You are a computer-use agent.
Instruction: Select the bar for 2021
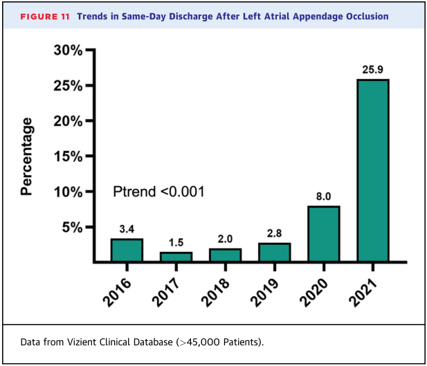[x=373, y=170]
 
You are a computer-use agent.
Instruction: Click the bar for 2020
[x=323, y=234]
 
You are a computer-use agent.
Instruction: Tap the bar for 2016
[x=127, y=250]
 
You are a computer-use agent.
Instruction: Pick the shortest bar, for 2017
[x=176, y=257]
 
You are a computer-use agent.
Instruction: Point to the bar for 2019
[x=275, y=253]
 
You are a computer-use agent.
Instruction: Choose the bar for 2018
[x=225, y=255]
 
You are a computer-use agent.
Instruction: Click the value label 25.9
[x=372, y=70]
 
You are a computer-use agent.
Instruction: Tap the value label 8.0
[x=323, y=196]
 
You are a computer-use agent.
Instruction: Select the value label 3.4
[x=127, y=229]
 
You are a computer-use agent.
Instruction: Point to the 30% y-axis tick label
[x=68, y=51]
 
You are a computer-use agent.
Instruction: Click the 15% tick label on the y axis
[x=68, y=156]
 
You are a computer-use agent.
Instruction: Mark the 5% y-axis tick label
[x=72, y=228]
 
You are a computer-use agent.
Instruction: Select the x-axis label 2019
[x=264, y=293]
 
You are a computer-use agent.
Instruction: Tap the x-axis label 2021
[x=363, y=293]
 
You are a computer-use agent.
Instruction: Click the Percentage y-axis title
[x=27, y=156]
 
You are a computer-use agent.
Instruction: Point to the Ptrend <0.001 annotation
[x=158, y=192]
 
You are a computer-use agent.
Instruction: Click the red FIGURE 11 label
[x=45, y=17]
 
